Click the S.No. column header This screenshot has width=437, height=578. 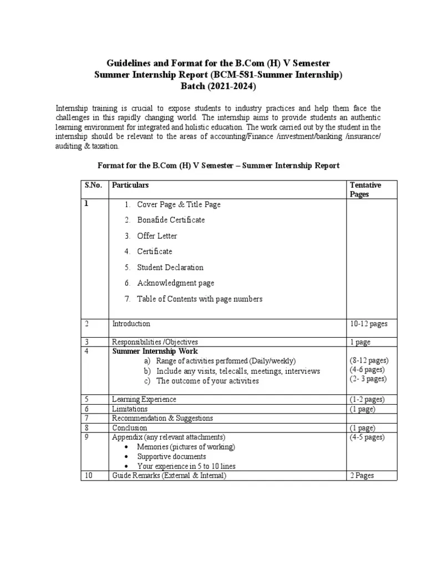[93, 185]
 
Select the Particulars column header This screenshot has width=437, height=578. [130, 185]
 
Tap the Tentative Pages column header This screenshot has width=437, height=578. [365, 189]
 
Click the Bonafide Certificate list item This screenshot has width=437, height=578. [171, 220]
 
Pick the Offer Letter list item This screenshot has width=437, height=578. [157, 236]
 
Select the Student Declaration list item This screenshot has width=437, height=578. [170, 267]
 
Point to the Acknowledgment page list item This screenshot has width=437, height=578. [175, 283]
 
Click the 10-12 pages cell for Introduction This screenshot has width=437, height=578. [369, 324]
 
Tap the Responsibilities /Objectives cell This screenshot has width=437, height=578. [155, 342]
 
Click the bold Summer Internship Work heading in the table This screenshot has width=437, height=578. [155, 351]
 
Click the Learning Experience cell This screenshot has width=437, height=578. [144, 399]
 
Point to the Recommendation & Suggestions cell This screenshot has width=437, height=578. [162, 418]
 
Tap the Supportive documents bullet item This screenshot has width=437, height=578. [171, 456]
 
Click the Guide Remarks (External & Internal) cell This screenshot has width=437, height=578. [169, 476]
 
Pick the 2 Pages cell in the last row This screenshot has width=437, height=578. [362, 476]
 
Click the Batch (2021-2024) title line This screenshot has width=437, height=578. [218, 86]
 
